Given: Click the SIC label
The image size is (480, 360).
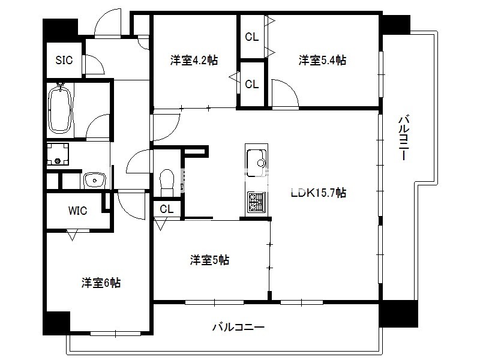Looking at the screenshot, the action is tap(64, 60).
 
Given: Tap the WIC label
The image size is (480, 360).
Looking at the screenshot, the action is tap(77, 211).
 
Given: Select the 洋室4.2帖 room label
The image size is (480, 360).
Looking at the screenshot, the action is tap(194, 60).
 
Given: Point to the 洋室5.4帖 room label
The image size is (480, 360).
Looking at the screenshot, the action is tap(322, 60).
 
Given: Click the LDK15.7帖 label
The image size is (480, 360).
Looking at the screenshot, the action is tap(319, 193).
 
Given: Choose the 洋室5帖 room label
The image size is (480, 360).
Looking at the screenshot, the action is tap(209, 260).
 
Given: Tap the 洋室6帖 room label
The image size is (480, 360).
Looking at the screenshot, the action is tap(101, 283).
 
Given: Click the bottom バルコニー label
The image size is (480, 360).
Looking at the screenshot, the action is tap(238, 327).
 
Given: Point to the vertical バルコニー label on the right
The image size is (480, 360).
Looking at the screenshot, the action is tap(403, 138).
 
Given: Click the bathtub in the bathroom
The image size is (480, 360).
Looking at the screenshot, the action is tap(61, 110).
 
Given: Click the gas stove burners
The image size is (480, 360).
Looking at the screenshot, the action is tap(257, 202).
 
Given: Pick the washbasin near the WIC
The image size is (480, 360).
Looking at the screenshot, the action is tap(95, 181).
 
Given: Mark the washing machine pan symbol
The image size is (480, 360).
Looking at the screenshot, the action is tap(58, 154).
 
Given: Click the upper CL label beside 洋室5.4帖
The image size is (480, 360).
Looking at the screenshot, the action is tap(251, 37).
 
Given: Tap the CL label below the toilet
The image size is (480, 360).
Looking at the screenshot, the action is tap(167, 209).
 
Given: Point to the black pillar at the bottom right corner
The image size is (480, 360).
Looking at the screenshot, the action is tap(398, 314).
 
